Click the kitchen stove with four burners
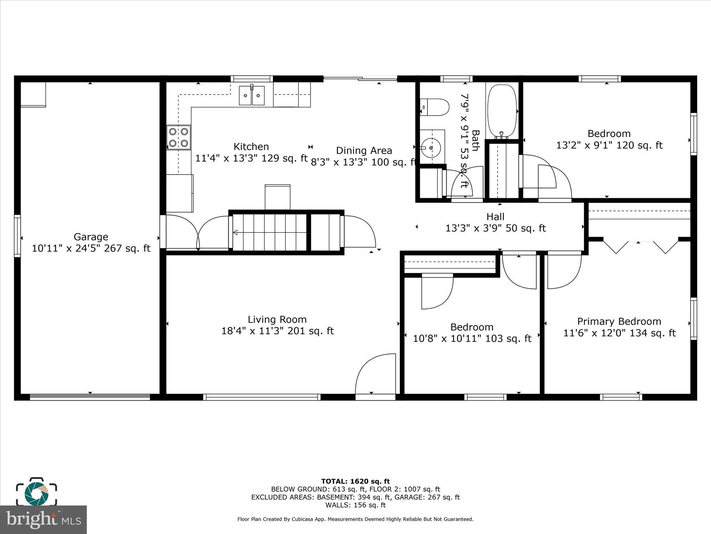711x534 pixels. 178,137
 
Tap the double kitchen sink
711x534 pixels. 251,95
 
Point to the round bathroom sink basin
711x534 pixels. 431,148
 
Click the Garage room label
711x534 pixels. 91,237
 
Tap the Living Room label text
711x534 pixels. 277,319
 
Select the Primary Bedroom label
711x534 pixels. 619,321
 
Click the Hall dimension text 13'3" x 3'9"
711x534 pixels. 495,228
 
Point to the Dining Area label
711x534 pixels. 364,151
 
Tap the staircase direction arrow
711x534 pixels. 235,232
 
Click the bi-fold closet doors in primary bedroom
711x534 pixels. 641,246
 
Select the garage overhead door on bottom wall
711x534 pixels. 90,397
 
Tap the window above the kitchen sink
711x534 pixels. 252,79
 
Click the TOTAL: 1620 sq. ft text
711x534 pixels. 355,482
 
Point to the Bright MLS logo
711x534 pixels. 43,520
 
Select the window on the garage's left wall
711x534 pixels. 17,236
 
